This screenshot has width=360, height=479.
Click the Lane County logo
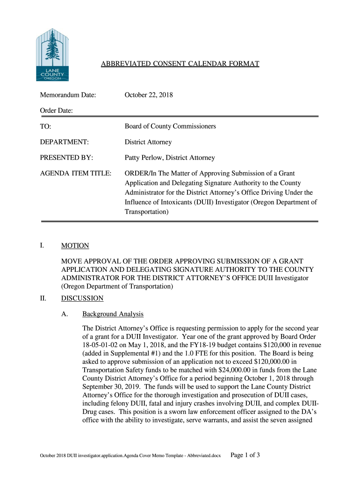(x=52, y=54)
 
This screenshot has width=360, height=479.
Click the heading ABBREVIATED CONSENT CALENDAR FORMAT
(x=180, y=64)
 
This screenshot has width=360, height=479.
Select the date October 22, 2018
(x=148, y=95)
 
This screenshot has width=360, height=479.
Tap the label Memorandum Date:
(x=67, y=95)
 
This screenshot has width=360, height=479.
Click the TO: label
(x=45, y=126)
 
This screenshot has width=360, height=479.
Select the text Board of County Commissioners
(x=170, y=126)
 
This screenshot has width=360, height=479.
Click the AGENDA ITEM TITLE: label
(x=75, y=174)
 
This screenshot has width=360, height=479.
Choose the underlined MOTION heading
(x=75, y=246)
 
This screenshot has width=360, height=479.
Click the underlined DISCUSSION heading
(x=82, y=298)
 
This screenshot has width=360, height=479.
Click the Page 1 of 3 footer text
(x=246, y=454)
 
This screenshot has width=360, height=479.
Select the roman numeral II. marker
(x=43, y=298)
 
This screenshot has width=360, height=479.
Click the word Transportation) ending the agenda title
(x=146, y=211)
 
